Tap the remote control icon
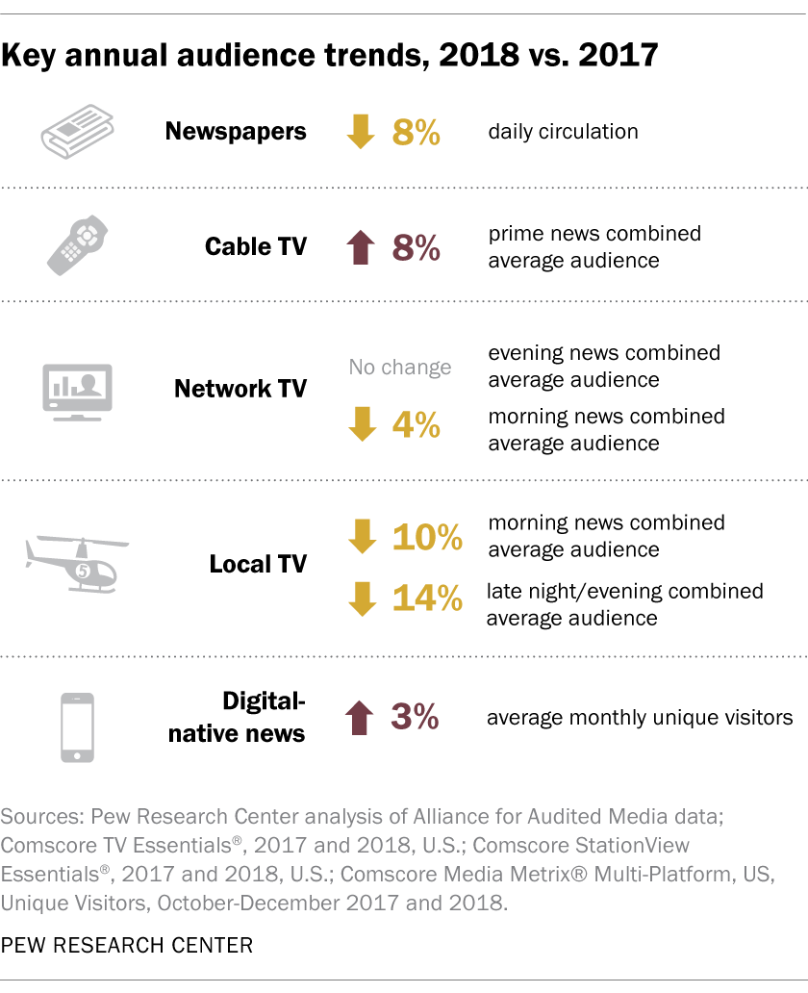pyautogui.click(x=77, y=245)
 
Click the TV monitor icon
pyautogui.click(x=77, y=390)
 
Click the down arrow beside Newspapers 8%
pyautogui.click(x=362, y=132)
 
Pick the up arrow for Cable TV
pyautogui.click(x=362, y=247)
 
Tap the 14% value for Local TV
pyautogui.click(x=427, y=598)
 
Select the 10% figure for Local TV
pyautogui.click(x=427, y=538)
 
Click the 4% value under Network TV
pyautogui.click(x=416, y=425)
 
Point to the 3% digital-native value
pyautogui.click(x=416, y=717)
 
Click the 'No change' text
pyautogui.click(x=400, y=367)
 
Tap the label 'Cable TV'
pyautogui.click(x=256, y=247)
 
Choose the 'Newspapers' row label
pyautogui.click(x=236, y=132)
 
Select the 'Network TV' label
pyautogui.click(x=240, y=389)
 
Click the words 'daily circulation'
pyautogui.click(x=563, y=132)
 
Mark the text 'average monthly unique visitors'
pyautogui.click(x=640, y=717)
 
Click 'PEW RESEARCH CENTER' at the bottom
pyautogui.click(x=127, y=945)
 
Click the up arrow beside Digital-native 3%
pyautogui.click(x=362, y=717)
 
